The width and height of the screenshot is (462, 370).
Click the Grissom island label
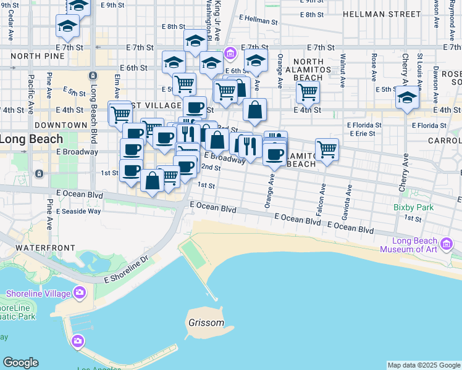pyautogui.click(x=206, y=323)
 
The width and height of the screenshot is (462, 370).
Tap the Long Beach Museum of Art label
pyautogui.click(x=408, y=245)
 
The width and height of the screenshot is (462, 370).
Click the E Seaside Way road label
pyautogui.click(x=78, y=211)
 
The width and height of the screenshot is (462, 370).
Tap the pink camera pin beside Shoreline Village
pyautogui.click(x=79, y=292)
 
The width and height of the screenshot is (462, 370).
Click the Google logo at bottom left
pyautogui.click(x=20, y=363)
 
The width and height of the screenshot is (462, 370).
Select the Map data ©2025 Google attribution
pyautogui.click(x=424, y=365)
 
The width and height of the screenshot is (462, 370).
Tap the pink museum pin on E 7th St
pyautogui.click(x=230, y=54)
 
